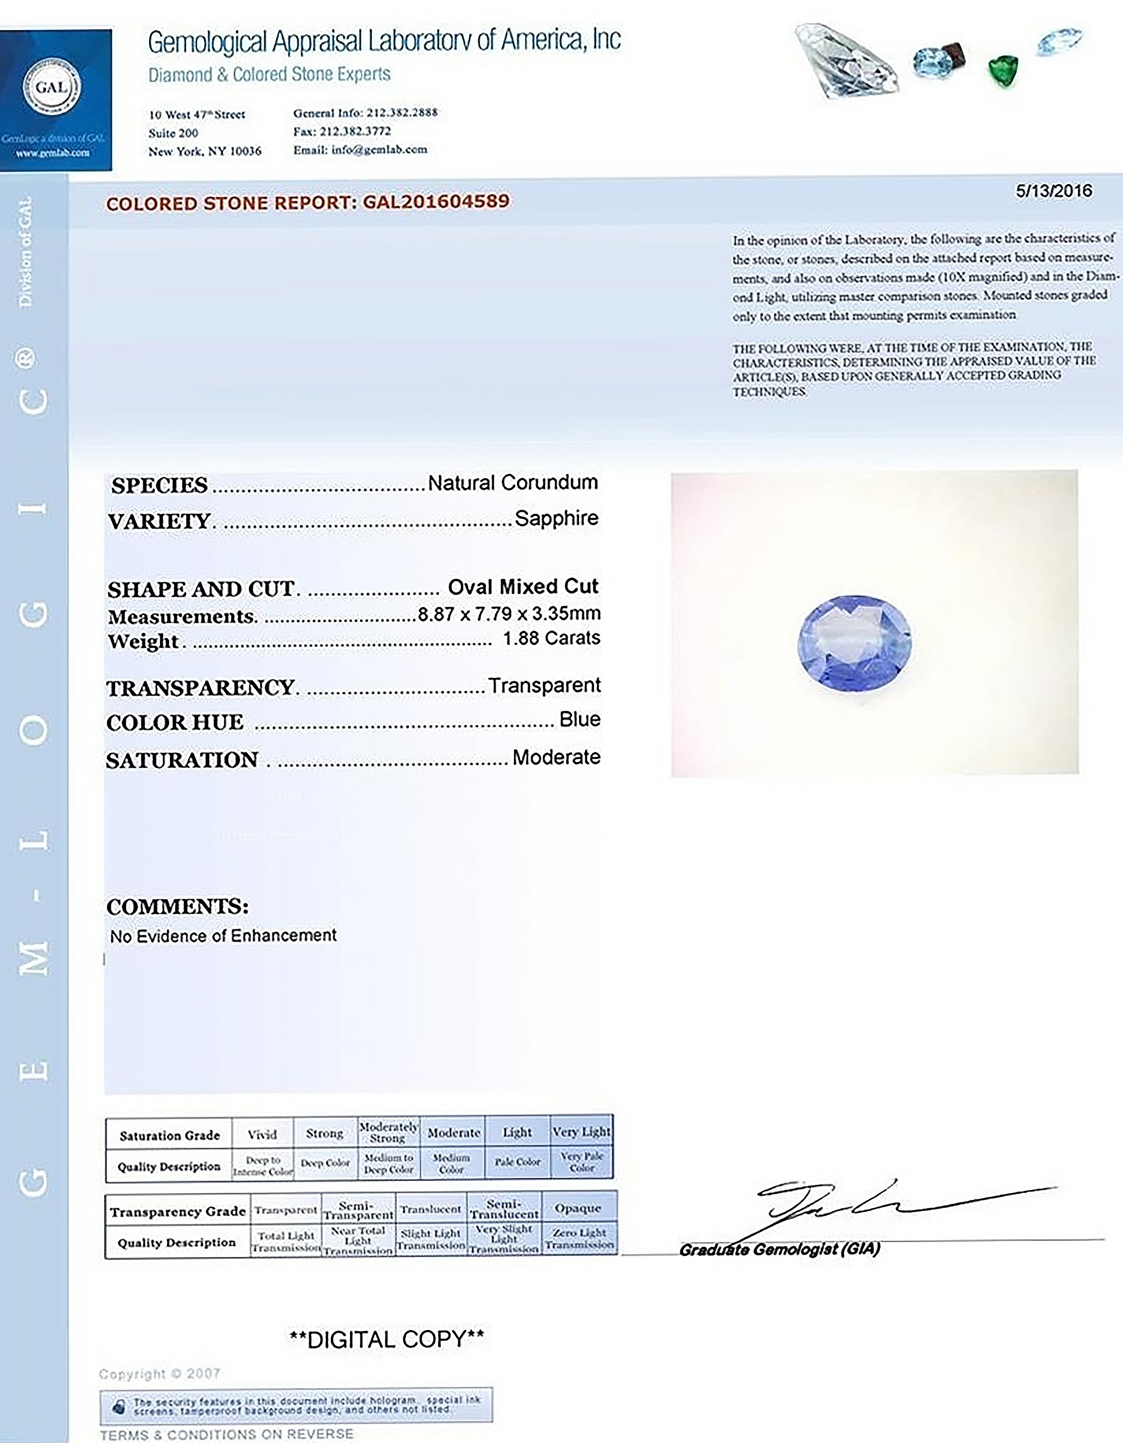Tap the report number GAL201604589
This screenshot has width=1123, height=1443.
(436, 202)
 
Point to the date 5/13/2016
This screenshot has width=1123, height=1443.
(1054, 191)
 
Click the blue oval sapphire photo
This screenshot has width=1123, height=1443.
(855, 643)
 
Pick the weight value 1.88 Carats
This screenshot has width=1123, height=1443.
(551, 638)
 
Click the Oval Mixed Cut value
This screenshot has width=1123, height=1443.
(523, 587)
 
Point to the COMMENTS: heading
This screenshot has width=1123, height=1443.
(177, 907)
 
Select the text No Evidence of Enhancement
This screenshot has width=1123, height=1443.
(224, 936)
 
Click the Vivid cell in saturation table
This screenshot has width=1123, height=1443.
(262, 1135)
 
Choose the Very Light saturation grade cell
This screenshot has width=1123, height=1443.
(581, 1132)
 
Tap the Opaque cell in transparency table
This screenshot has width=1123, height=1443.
(578, 1208)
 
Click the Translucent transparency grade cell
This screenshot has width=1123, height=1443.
(430, 1209)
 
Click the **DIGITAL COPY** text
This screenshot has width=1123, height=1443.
(386, 1339)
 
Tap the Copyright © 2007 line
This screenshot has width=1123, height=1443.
(160, 1374)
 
